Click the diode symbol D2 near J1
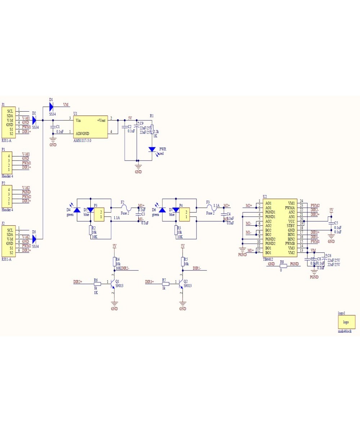click(x=34, y=120)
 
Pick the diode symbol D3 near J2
click(x=34, y=239)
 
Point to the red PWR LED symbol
click(x=152, y=149)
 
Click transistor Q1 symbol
click(x=112, y=284)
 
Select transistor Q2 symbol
click(x=181, y=284)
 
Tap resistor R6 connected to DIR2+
click(x=97, y=284)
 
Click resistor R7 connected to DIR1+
click(x=165, y=284)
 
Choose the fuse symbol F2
click(x=125, y=208)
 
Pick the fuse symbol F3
click(x=210, y=208)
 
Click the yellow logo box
click(x=346, y=322)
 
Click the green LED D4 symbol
click(x=76, y=210)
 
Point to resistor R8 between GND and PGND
click(x=283, y=266)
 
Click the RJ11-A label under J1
click(x=6, y=140)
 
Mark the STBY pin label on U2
click(x=291, y=226)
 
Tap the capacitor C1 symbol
click(x=53, y=127)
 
